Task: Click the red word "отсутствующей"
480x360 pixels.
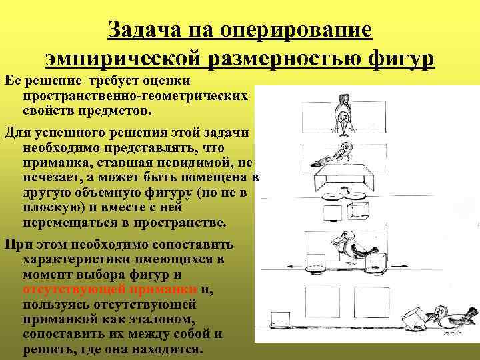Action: point(65,289)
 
